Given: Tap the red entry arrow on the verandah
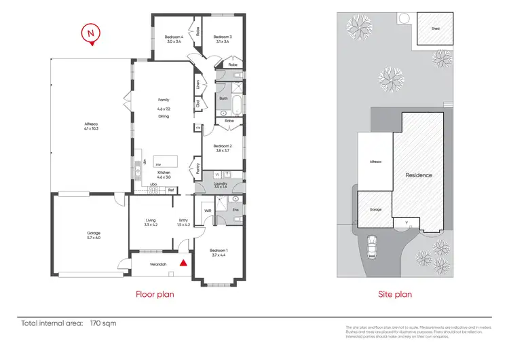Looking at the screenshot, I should click(x=182, y=261).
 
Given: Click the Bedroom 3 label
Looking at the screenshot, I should click(x=222, y=39).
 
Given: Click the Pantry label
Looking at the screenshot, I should click(x=197, y=166).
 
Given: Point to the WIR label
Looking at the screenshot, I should click(x=207, y=211).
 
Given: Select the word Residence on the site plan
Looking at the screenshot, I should click(x=419, y=175).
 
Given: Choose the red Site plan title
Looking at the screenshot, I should click(x=394, y=295).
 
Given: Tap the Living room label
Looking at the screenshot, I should click(x=151, y=222).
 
